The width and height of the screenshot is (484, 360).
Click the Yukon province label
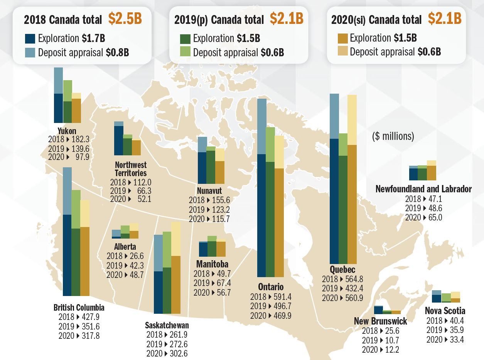pyautogui.click(x=67, y=131)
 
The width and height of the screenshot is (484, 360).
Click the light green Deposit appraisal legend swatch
pyautogui.click(x=186, y=52)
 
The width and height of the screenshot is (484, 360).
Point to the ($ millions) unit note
pyautogui.click(x=393, y=136)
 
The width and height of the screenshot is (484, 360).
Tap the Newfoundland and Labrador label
pyautogui.click(x=423, y=189)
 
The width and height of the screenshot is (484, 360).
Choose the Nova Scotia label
pyautogui.click(x=445, y=311)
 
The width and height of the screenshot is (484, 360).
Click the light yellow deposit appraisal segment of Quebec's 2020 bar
pyautogui.click(x=352, y=119)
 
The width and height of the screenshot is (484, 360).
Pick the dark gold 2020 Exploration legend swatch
pyautogui.click(x=343, y=38)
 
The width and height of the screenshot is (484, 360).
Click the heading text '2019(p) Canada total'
pyautogui.click(x=219, y=19)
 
